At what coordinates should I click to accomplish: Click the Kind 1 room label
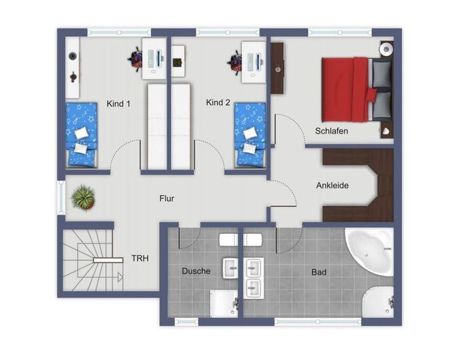click(118, 104)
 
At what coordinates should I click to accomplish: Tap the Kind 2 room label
click(218, 102)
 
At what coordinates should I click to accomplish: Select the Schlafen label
click(332, 131)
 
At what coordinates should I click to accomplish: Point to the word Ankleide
click(332, 186)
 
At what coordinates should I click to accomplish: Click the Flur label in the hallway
click(167, 199)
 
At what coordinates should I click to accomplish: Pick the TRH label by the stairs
click(140, 258)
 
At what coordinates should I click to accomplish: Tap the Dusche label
click(196, 271)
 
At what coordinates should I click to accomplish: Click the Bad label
click(319, 272)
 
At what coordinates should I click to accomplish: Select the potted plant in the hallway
click(83, 198)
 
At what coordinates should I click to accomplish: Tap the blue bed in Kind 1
click(82, 135)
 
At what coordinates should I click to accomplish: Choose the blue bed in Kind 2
click(250, 134)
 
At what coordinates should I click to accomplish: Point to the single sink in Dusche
click(230, 269)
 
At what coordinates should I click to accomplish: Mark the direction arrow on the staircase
click(120, 277)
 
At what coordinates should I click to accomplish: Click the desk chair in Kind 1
click(135, 59)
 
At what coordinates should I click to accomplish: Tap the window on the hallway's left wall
click(61, 198)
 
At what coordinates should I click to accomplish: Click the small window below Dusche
click(186, 321)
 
